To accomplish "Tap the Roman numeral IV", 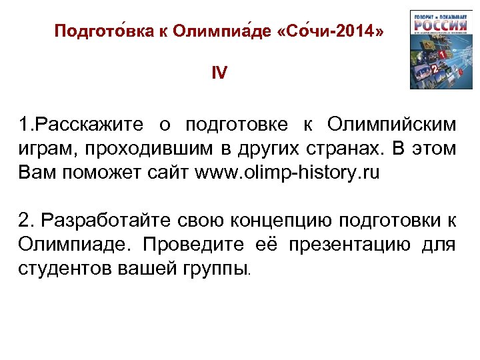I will coord(219,73).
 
